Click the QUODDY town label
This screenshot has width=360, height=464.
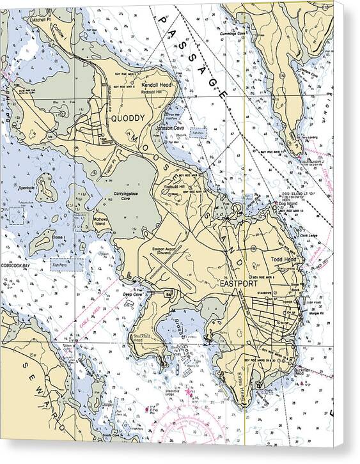(128, 118)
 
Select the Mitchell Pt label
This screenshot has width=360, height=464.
(40, 20)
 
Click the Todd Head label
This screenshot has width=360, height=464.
(284, 259)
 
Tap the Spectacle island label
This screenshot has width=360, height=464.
(27, 188)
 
